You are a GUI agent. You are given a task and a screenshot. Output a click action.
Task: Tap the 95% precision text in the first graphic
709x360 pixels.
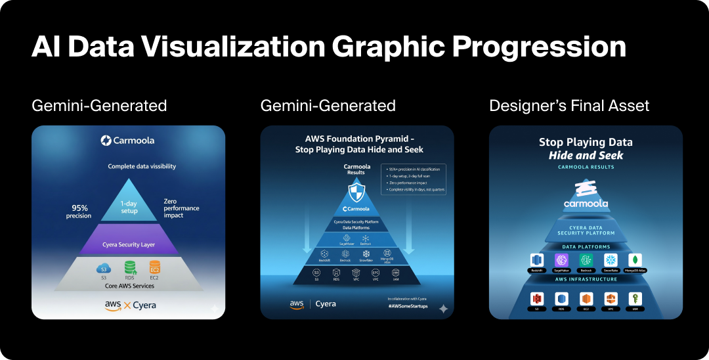pos(78,211)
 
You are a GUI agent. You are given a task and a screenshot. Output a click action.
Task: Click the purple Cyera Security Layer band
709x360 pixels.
pos(128,244)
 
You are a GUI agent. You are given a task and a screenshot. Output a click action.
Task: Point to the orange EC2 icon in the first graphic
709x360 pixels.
pos(154,268)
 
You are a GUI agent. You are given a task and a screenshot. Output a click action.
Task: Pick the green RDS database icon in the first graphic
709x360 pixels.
pos(129,268)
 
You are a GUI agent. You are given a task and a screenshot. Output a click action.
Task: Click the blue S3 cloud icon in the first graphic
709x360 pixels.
pos(103,268)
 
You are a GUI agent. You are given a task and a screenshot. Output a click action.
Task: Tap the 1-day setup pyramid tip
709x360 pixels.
pos(128,206)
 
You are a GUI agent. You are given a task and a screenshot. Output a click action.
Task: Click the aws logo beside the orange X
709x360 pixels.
pos(112,305)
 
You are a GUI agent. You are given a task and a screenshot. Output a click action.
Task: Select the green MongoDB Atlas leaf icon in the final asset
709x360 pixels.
pos(635,260)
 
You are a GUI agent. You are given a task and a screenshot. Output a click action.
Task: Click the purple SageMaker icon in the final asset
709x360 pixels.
pos(561,260)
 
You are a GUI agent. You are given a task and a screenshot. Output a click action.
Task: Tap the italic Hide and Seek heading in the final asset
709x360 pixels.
pos(586,155)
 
